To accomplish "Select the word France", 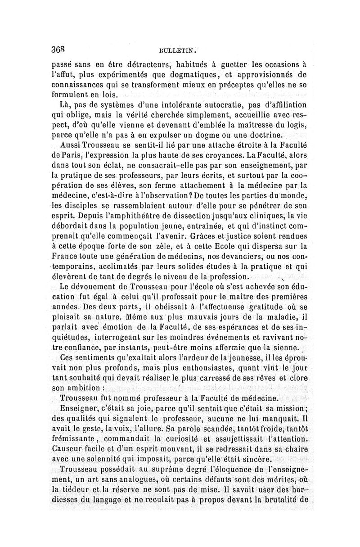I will click(66, 256).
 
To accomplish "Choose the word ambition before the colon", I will click(84, 388).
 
